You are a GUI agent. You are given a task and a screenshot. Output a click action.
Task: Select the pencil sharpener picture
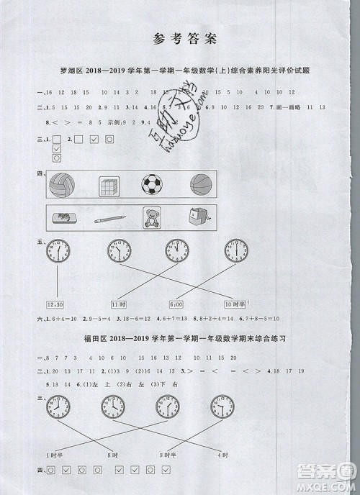195,219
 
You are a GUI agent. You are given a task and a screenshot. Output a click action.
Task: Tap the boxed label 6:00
176,305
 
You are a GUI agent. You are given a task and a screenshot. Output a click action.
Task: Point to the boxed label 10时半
235,305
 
